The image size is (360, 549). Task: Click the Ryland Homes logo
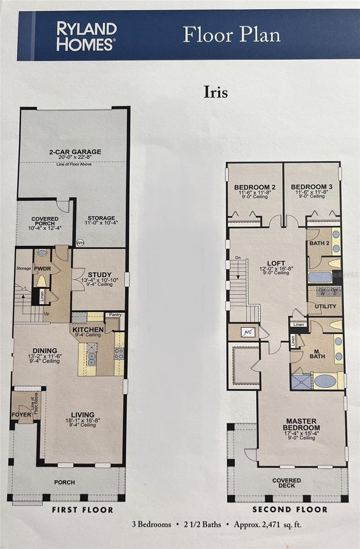tap(86, 36)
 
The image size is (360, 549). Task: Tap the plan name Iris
tap(215, 92)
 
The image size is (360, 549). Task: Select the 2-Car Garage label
tap(75, 152)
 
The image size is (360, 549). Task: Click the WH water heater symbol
tap(80, 242)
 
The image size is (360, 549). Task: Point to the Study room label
tap(100, 274)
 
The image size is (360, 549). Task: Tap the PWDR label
tap(42, 269)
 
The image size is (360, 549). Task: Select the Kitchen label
tap(88, 329)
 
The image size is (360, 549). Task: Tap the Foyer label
tap(21, 414)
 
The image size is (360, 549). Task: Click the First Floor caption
tap(82, 509)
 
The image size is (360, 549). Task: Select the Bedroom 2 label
tap(254, 187)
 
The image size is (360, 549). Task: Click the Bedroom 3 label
tap(311, 187)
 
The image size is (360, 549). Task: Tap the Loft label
tap(276, 263)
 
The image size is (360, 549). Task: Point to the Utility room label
tap(326, 306)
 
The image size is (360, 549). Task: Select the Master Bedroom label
tap(301, 424)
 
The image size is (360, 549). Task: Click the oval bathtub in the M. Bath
tap(325, 381)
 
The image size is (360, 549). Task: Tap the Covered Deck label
tap(287, 483)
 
